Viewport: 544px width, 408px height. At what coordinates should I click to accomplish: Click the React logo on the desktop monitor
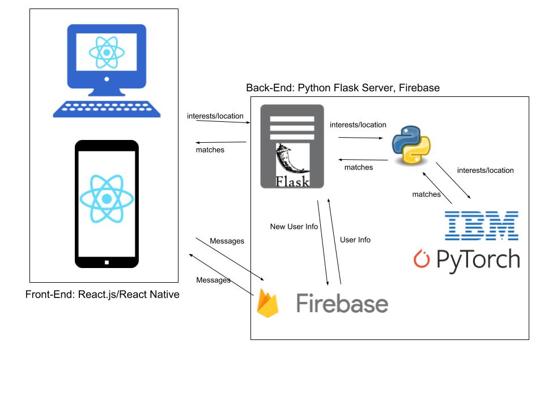coord(107,53)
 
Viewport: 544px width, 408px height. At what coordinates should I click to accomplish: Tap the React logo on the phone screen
coord(107,198)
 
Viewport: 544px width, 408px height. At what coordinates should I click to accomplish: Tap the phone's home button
coord(107,262)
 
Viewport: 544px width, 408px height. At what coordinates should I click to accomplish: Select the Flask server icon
coord(292,146)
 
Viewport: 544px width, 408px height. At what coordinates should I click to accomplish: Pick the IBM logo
coord(481,226)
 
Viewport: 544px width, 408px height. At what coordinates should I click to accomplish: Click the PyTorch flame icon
coord(422,259)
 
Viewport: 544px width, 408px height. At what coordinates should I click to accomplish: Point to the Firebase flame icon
coord(267,303)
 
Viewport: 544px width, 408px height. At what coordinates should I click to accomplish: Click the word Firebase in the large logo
coord(342,303)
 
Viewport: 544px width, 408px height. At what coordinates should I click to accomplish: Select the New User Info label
coord(294,227)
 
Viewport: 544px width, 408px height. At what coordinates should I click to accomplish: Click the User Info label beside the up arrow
coord(355,240)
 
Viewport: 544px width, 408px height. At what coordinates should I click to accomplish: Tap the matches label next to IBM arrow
coord(426,194)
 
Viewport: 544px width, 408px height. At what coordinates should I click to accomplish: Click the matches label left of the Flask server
coord(210,150)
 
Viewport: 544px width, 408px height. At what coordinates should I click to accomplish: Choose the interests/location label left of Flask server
coord(215,116)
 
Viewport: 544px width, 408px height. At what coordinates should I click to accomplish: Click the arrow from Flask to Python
coord(359,137)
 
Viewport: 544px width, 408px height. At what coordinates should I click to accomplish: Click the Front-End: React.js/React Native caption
coord(103,294)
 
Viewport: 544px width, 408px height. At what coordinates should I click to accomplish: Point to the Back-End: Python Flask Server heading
coord(343,88)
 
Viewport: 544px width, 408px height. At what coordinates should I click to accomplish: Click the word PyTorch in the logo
coord(478,260)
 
